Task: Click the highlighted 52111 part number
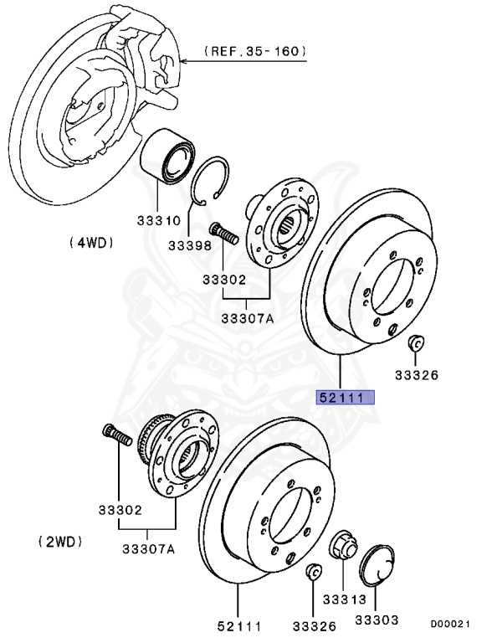click(344, 399)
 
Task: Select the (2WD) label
click(60, 542)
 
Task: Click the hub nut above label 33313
click(344, 547)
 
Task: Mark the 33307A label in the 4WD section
click(249, 318)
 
